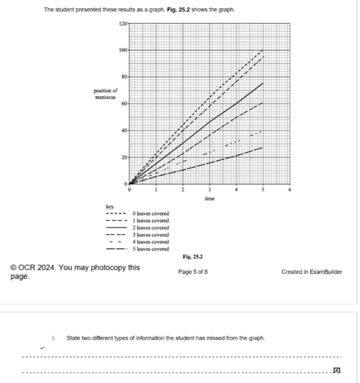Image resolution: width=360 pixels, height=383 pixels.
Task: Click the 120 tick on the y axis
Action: click(123, 23)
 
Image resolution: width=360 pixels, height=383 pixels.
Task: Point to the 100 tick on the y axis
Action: click(123, 50)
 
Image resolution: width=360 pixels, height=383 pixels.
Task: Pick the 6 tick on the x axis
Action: click(290, 191)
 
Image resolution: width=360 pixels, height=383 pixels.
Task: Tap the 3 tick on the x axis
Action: click(210, 191)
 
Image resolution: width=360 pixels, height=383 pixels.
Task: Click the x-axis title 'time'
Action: click(209, 199)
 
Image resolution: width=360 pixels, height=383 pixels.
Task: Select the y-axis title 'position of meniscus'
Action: click(106, 94)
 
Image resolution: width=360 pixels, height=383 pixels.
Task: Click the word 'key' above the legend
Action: click(109, 206)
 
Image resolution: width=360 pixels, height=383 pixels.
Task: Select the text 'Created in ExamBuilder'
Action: click(311, 272)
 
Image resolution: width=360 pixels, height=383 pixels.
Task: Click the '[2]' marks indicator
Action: click(336, 370)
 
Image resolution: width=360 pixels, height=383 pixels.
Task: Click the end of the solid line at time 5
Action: click(263, 83)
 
